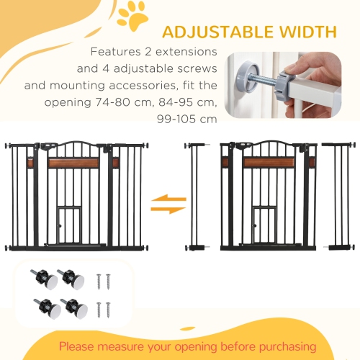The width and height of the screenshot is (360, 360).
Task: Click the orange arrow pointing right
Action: (167, 209)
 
